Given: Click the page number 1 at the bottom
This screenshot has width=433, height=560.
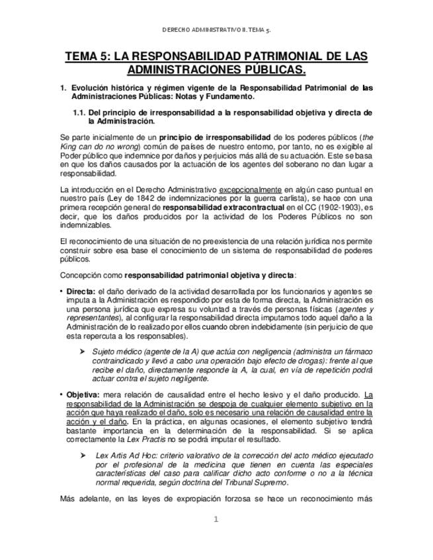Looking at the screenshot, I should pyautogui.click(x=216, y=520).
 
